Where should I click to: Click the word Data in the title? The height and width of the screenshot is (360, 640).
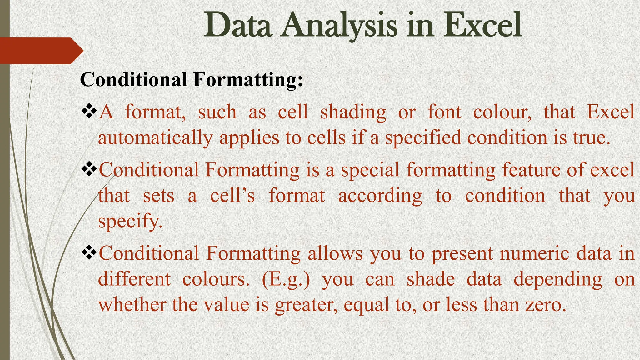point(237,25)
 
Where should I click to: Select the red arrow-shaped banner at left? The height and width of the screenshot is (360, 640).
point(41,51)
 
